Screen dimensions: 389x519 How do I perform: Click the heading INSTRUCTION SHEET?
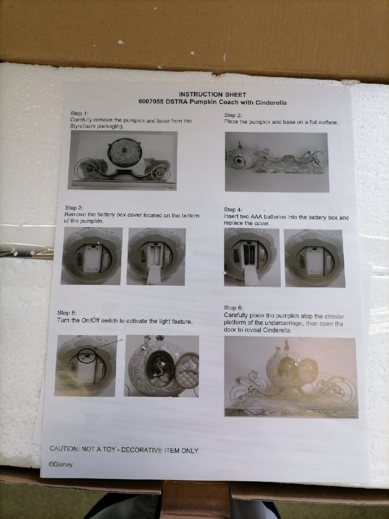tap(212, 94)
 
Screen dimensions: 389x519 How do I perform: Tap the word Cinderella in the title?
tap(271, 103)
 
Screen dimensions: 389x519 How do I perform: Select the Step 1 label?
tap(79, 114)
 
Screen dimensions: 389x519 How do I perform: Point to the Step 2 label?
tap(233, 115)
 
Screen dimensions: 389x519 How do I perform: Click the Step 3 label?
tap(74, 208)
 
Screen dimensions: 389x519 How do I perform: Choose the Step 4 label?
tap(233, 210)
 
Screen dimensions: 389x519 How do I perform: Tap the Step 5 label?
tap(67, 313)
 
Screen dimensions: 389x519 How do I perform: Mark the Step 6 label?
tap(233, 308)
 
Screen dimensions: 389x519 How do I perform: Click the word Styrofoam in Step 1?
tap(82, 127)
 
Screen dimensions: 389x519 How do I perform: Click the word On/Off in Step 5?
tap(90, 320)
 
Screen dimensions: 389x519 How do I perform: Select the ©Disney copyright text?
tap(61, 465)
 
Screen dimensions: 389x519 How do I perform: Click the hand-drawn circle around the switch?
tap(87, 356)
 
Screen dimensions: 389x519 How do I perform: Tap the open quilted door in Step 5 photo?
tap(187, 370)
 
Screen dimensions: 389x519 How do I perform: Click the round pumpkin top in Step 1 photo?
tap(124, 153)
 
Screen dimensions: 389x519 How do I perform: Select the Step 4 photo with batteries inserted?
tap(252, 257)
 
